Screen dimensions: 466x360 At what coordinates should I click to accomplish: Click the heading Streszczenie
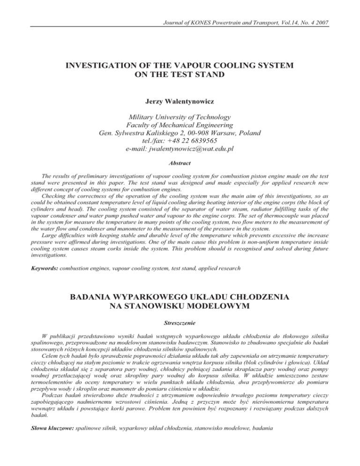click(180, 323)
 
